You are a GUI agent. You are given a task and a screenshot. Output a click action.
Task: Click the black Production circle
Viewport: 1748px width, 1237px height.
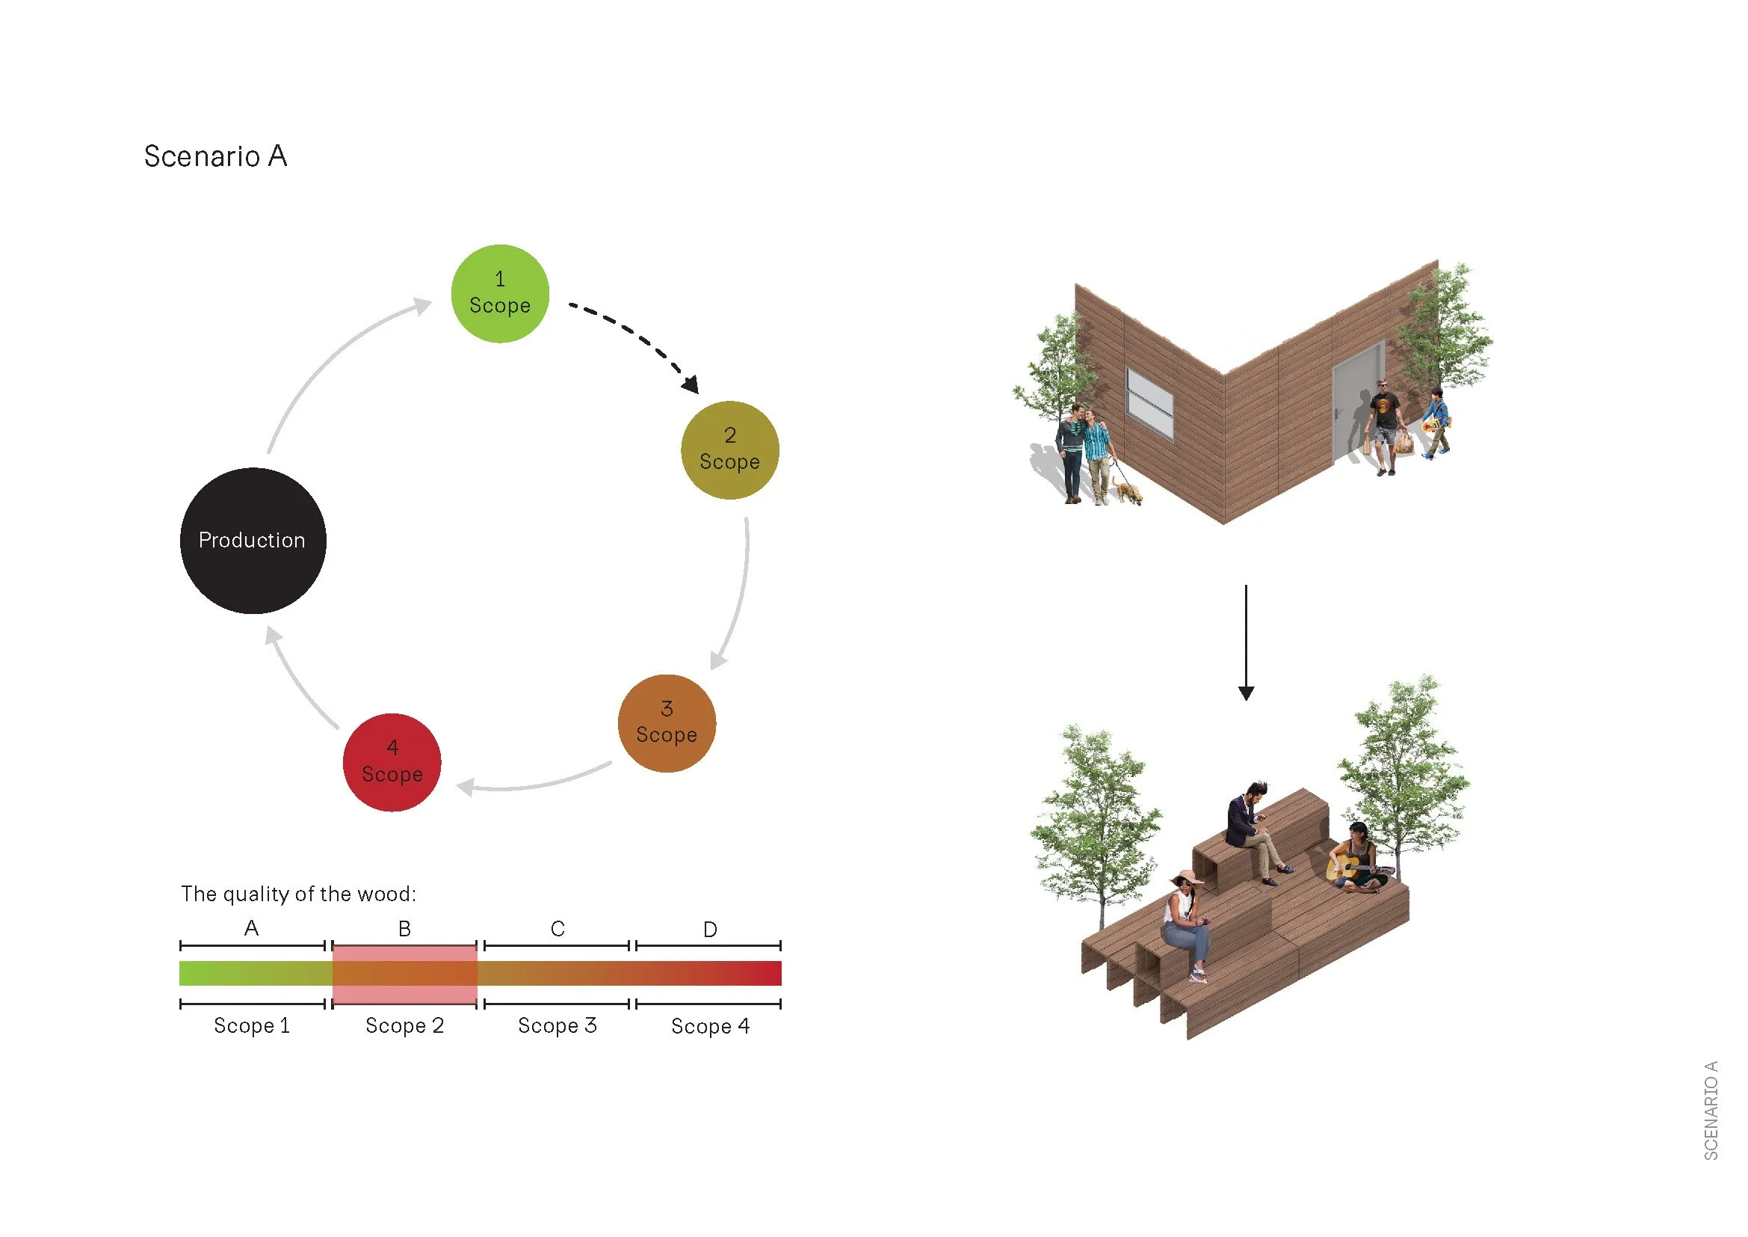253,541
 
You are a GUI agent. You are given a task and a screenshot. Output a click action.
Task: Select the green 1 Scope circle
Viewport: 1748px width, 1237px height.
500,293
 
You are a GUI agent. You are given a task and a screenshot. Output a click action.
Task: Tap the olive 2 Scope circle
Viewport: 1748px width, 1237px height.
729,450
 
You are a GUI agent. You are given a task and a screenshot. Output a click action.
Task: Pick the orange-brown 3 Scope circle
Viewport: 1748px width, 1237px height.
667,723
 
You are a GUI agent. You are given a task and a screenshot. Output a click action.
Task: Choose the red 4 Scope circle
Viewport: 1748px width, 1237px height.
392,761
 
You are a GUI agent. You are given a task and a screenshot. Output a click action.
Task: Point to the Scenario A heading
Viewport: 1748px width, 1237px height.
215,156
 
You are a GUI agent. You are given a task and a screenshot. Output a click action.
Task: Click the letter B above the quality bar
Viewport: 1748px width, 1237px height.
404,929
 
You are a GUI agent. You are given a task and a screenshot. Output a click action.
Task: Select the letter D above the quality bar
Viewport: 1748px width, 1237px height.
709,930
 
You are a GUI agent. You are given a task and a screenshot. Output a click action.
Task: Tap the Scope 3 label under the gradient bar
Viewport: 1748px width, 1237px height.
557,1025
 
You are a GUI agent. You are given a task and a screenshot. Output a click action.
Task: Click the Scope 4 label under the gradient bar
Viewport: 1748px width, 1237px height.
709,1026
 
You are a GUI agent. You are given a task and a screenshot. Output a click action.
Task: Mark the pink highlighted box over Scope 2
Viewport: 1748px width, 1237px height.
404,975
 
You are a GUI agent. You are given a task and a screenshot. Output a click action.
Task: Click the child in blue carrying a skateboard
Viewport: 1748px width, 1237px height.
1436,423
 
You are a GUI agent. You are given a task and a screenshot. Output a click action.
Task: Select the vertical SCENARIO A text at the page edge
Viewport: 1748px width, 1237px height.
1711,1110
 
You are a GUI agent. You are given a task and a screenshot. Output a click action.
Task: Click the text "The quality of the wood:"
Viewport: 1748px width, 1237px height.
298,894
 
